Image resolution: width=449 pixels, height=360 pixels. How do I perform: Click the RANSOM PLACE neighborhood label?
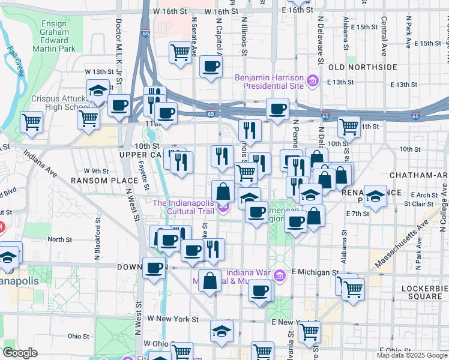[97, 180]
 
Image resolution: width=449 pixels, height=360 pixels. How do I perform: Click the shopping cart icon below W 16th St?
[180, 53]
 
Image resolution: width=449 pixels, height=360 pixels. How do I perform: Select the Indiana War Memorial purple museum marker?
[279, 275]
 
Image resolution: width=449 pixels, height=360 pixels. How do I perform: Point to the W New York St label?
[173, 319]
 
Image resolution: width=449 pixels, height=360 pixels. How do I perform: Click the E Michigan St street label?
[315, 272]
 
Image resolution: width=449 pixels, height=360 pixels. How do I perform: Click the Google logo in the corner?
[20, 353]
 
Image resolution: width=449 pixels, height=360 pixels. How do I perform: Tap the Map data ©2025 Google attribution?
[411, 355]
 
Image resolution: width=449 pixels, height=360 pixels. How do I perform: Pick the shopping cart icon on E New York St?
[310, 331]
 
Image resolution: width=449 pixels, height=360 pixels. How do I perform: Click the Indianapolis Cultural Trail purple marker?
[223, 208]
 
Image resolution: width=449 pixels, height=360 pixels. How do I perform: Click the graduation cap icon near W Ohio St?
[221, 331]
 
